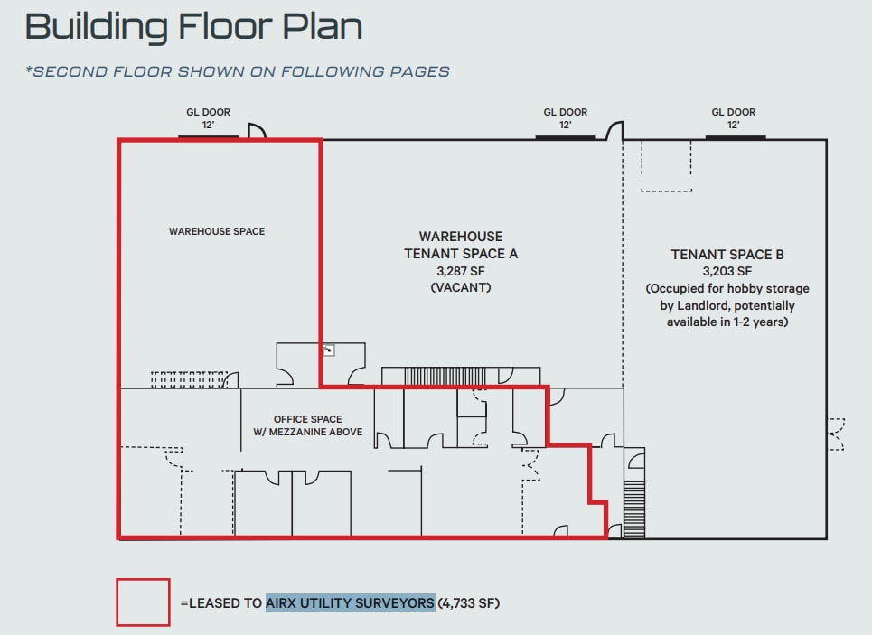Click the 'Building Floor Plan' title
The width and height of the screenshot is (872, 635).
(x=193, y=27)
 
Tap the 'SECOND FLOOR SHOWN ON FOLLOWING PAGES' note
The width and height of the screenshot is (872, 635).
(x=238, y=71)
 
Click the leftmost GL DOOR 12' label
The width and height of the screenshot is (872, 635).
(x=208, y=118)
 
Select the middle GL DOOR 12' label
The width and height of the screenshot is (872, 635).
(x=565, y=118)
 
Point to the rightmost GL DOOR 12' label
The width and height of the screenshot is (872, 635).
(x=734, y=118)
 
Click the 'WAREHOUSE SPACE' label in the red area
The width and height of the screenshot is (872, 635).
(x=217, y=231)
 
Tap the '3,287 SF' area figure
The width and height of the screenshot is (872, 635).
(x=461, y=271)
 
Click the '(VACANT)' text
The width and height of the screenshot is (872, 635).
(x=461, y=287)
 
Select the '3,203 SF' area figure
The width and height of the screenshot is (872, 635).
(x=727, y=271)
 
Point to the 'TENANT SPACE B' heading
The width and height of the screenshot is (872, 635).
(x=727, y=255)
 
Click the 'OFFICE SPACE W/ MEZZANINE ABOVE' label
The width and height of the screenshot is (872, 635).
(x=307, y=425)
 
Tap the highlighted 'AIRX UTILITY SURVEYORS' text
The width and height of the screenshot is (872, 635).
(x=350, y=603)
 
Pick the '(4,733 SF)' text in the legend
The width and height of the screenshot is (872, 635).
(x=469, y=603)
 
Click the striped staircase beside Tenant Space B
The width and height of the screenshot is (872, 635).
(x=634, y=509)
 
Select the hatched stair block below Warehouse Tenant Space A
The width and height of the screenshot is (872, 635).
(x=445, y=376)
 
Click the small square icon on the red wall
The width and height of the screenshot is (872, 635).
(x=329, y=350)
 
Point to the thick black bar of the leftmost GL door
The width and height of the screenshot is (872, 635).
(x=208, y=136)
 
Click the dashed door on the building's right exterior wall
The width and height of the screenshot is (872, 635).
(x=837, y=434)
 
